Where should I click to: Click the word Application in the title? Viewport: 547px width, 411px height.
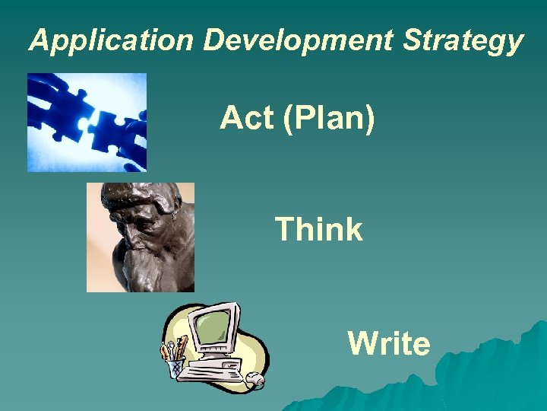[x=112, y=41]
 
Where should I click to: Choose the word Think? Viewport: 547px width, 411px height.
[x=318, y=229]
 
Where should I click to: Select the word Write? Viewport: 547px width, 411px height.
[x=389, y=344]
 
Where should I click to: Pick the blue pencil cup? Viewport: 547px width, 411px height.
[x=176, y=368]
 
